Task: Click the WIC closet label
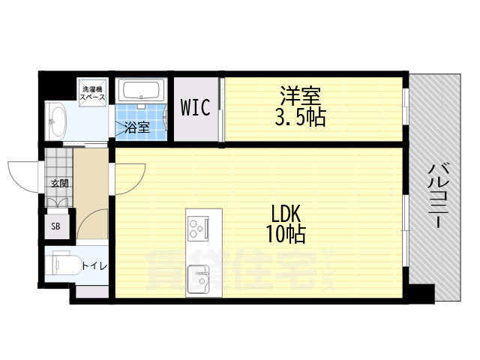195,107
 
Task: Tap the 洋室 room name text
300,96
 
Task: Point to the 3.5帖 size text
300,117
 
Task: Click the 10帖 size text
286,234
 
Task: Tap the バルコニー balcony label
438,196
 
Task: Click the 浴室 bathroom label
137,127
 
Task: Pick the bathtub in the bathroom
142,90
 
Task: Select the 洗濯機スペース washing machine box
93,93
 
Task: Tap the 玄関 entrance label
59,184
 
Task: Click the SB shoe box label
55,226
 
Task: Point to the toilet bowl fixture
63,263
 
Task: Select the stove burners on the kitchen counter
198,228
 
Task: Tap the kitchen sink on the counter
198,279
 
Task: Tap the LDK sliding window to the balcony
405,230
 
